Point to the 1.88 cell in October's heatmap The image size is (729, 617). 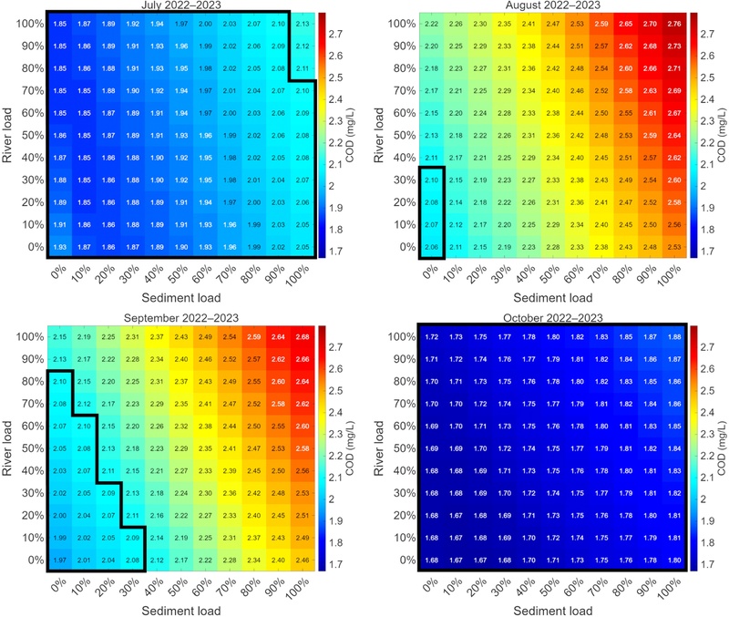[x=673, y=338]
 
